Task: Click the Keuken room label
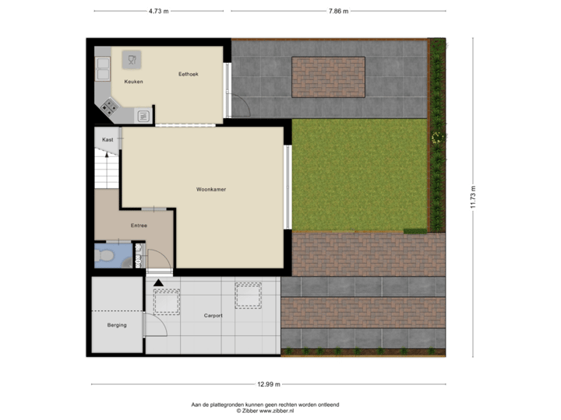pyautogui.click(x=133, y=82)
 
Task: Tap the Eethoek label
pyautogui.click(x=188, y=74)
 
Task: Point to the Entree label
pyautogui.click(x=139, y=226)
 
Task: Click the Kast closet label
pyautogui.click(x=108, y=139)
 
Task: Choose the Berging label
pyautogui.click(x=117, y=325)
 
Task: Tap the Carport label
pyautogui.click(x=213, y=316)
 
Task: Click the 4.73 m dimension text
pyautogui.click(x=160, y=11)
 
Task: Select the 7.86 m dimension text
pyautogui.click(x=338, y=11)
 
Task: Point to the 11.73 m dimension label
pyautogui.click(x=472, y=196)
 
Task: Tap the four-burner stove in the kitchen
pyautogui.click(x=109, y=107)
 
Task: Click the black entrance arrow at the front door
pyautogui.click(x=159, y=282)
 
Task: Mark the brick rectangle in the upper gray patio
pyautogui.click(x=329, y=77)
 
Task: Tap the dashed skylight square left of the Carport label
pyautogui.click(x=166, y=299)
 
